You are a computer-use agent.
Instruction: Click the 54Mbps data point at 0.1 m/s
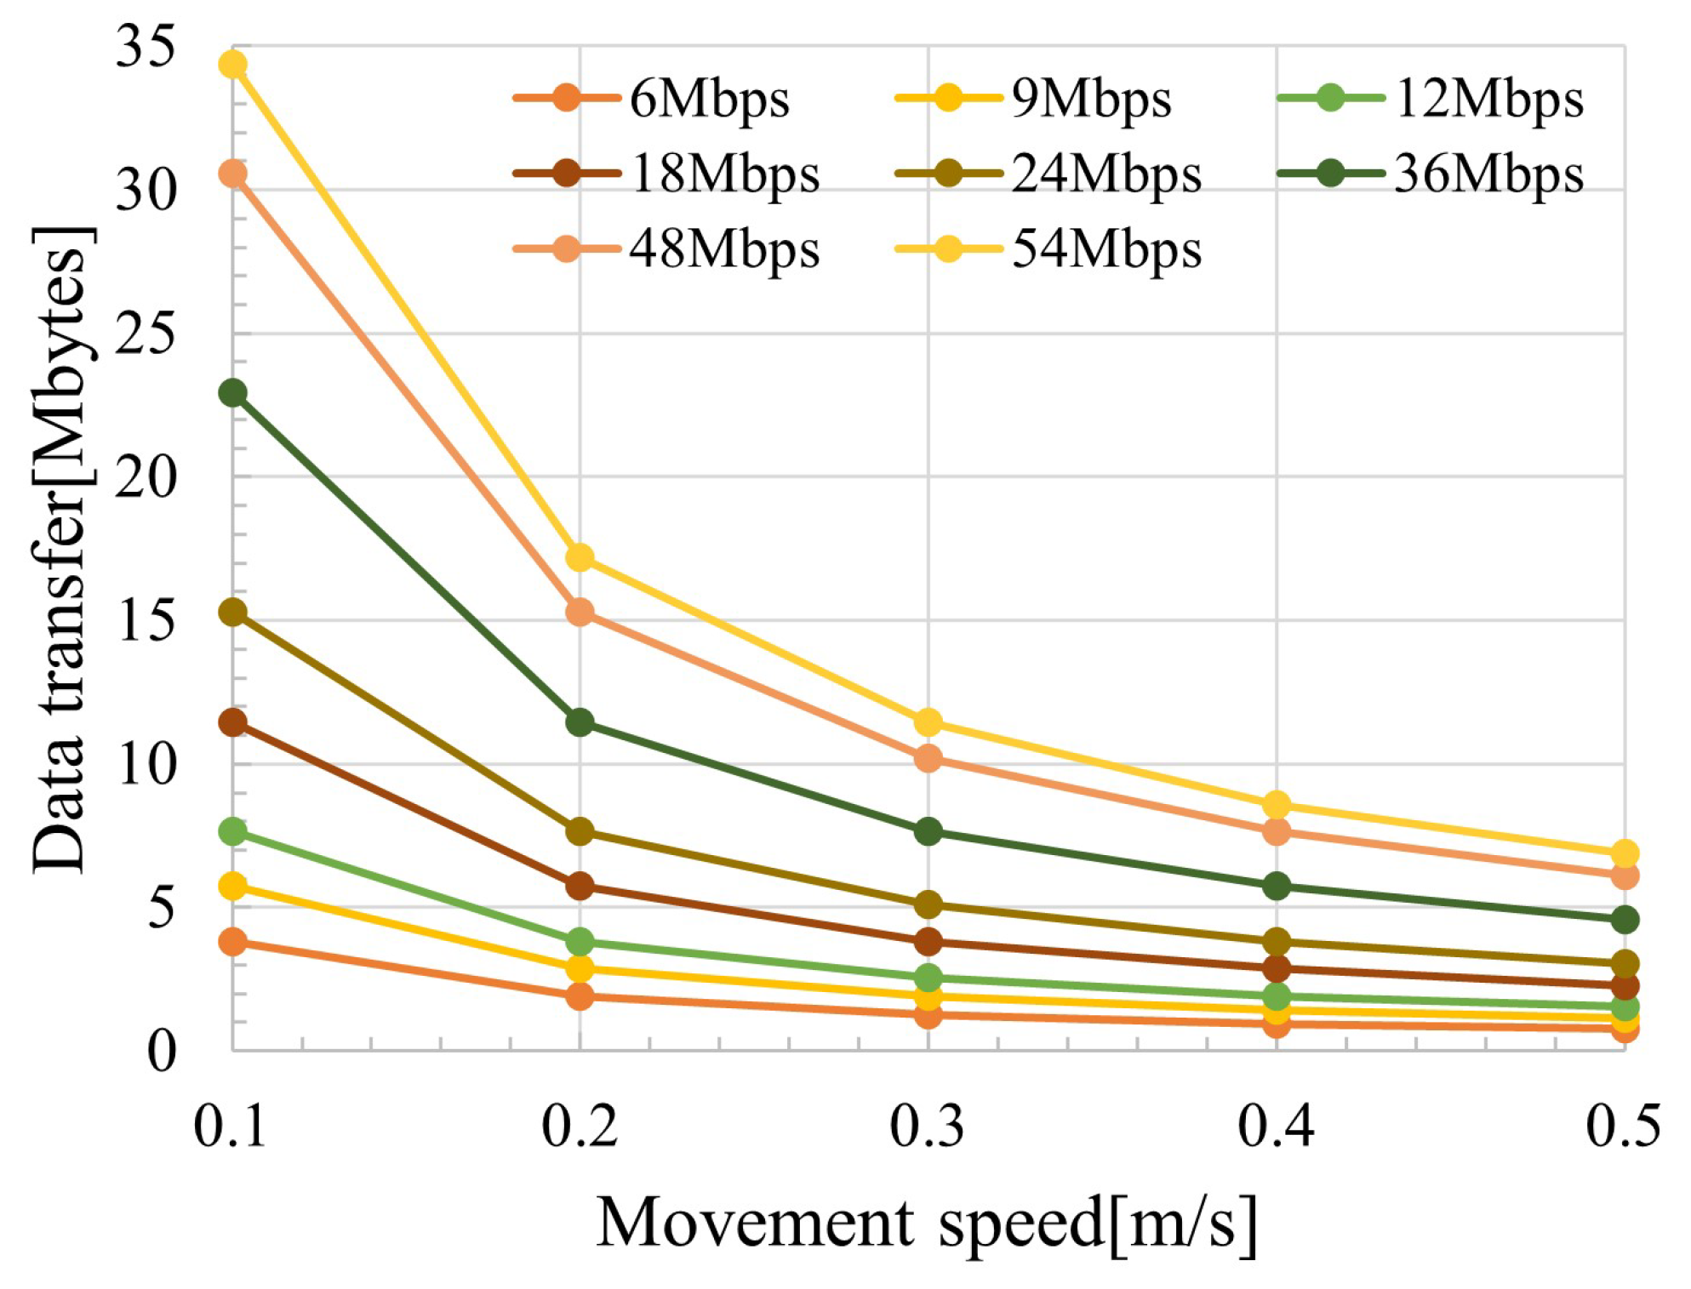(232, 65)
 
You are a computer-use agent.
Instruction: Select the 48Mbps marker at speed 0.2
(580, 612)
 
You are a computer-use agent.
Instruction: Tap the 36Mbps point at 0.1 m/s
(232, 393)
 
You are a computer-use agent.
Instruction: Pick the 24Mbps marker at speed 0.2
(580, 831)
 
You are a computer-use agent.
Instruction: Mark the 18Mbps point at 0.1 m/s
(232, 722)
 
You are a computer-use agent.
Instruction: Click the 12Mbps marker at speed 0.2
(580, 942)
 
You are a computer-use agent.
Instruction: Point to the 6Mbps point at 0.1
(232, 942)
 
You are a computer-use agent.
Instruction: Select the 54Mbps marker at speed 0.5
(1625, 853)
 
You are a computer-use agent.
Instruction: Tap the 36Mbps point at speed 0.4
(1276, 886)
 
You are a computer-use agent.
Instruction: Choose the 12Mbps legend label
(1489, 100)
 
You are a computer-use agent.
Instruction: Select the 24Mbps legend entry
(1106, 174)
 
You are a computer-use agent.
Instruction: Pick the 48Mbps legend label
(724, 249)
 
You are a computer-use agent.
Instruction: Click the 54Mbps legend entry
(1106, 249)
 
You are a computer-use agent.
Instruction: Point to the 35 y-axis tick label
(146, 47)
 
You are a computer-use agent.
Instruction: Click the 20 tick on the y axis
(146, 477)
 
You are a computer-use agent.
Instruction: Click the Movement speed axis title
(927, 1224)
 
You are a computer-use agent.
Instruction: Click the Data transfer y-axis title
(61, 549)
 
